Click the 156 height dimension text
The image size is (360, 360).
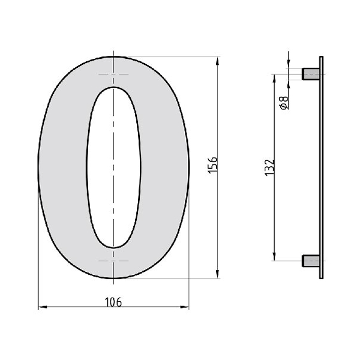(x=213, y=165)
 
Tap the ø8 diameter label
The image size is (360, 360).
(x=284, y=103)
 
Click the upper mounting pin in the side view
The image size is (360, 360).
(x=310, y=74)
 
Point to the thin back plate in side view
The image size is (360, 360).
(x=322, y=168)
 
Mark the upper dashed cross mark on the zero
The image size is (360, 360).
(x=113, y=74)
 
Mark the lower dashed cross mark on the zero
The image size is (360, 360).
(x=113, y=262)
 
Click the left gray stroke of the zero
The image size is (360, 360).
(x=63, y=168)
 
